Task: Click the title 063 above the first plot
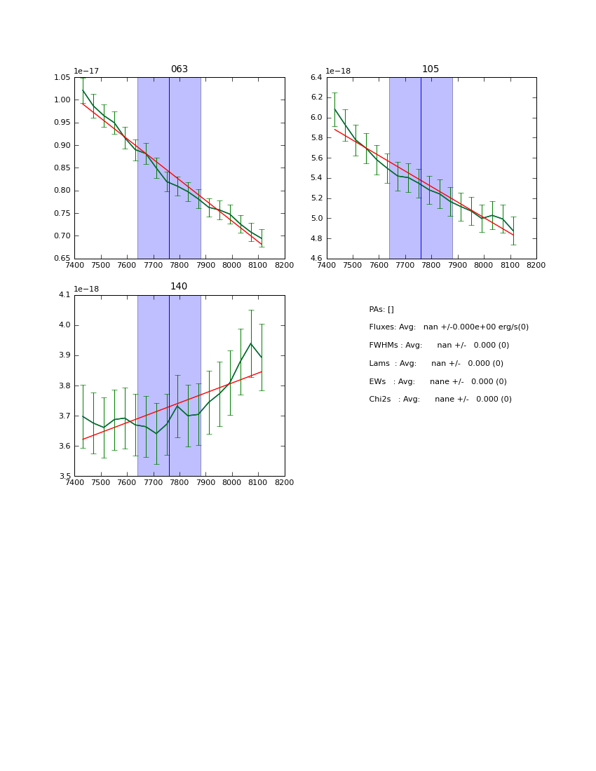(179, 69)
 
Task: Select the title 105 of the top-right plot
(431, 69)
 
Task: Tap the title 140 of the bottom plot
(179, 287)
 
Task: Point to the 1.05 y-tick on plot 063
(63, 78)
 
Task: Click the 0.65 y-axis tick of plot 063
(63, 259)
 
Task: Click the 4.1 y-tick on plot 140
(65, 295)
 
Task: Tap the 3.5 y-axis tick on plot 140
(65, 476)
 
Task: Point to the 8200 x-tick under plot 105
(536, 265)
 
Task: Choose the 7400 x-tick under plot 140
(74, 482)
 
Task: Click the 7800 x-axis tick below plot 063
(180, 265)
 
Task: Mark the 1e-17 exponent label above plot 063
(86, 71)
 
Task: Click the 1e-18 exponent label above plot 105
(338, 71)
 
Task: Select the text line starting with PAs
(381, 310)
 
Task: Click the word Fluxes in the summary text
(381, 327)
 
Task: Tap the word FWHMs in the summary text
(383, 346)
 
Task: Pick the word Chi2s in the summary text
(381, 400)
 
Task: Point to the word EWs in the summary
(378, 382)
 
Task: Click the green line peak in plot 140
(251, 343)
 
